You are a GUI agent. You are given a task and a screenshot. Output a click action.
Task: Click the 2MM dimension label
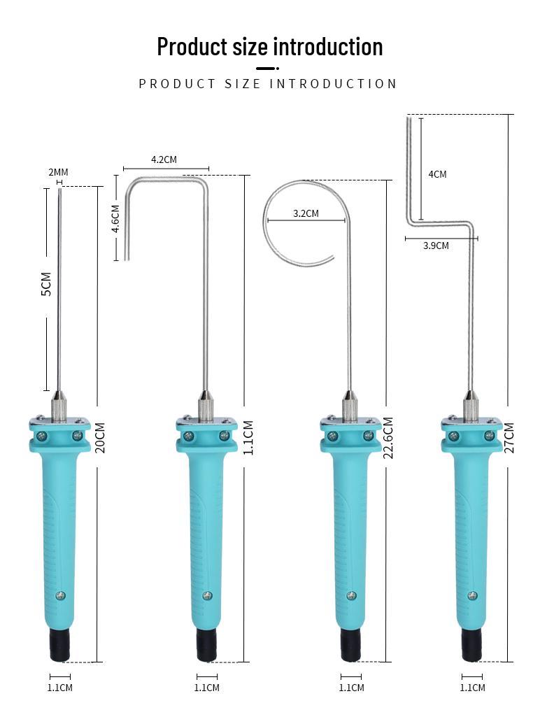click(58, 172)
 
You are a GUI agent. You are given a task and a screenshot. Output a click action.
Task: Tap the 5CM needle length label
click(46, 284)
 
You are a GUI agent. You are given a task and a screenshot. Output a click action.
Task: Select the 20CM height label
click(100, 437)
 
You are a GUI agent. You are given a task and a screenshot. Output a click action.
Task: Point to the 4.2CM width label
click(164, 159)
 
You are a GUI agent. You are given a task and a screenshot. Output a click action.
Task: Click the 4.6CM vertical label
click(115, 217)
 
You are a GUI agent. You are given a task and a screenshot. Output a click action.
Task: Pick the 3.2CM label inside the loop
click(306, 213)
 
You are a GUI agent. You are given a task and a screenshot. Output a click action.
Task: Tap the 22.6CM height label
click(388, 438)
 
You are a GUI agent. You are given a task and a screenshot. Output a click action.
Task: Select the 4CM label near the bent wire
click(437, 174)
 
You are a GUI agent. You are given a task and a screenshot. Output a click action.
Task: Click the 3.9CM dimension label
click(436, 246)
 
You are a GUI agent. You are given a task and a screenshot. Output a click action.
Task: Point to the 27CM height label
click(509, 437)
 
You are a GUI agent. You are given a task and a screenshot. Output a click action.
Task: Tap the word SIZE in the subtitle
click(243, 84)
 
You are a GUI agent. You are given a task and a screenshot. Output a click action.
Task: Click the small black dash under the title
click(266, 68)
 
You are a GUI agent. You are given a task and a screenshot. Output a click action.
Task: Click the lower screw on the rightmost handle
click(473, 595)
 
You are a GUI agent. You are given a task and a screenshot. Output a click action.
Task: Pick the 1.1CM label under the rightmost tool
click(472, 688)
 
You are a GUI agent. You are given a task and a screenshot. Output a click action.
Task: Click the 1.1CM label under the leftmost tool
click(59, 688)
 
